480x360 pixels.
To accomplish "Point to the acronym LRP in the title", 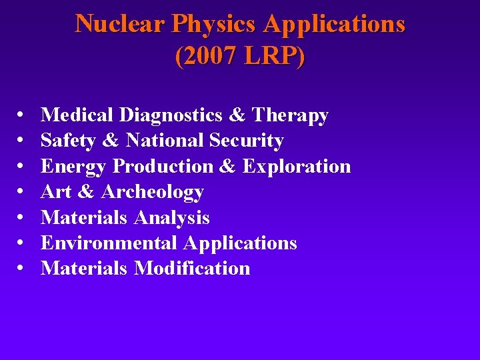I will pos(271,56).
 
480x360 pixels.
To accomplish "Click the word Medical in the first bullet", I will pos(77,115).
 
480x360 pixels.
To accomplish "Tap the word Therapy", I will pos(290,115).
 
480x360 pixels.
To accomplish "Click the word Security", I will pos(247,141).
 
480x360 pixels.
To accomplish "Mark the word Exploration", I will pos(297,166).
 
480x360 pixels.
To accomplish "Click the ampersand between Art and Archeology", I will pos(86,192).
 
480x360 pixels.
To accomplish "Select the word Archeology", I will pos(153,192).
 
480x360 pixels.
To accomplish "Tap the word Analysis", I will pos(172,217).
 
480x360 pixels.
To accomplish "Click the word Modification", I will pos(193,268).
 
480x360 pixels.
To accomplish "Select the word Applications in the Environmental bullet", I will pos(241,243).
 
